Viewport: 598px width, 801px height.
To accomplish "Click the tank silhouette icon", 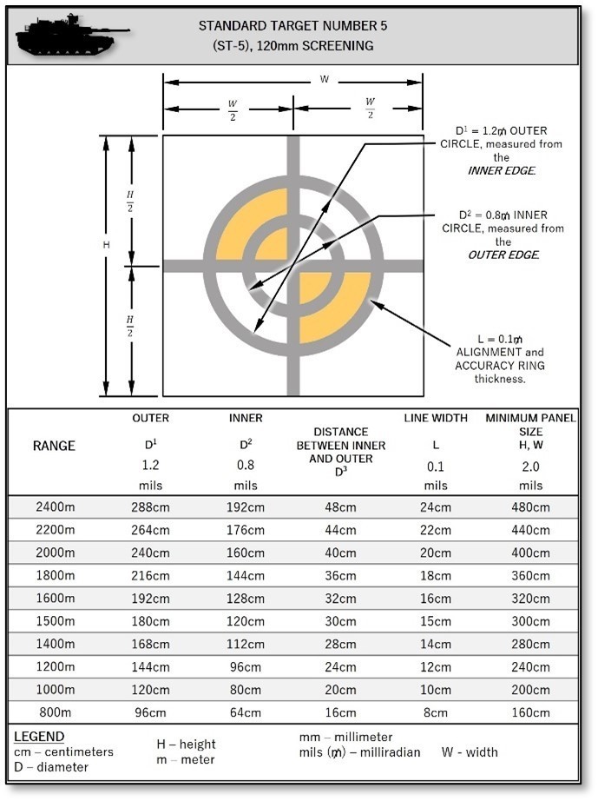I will click(72, 35).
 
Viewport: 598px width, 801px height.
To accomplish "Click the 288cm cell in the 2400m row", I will click(150, 507).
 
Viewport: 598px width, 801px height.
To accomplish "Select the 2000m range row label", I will click(54, 553).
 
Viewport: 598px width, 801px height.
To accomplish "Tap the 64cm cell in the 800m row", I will click(246, 713).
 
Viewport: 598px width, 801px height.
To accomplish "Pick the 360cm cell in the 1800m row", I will click(531, 576).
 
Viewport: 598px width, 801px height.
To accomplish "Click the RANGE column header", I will click(54, 446).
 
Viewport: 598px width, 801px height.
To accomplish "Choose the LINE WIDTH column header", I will click(436, 418).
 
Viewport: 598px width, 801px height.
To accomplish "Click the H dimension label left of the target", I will click(106, 246).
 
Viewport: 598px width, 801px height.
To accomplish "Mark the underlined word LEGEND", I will click(39, 737).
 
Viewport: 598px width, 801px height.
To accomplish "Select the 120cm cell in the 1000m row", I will click(150, 690).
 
